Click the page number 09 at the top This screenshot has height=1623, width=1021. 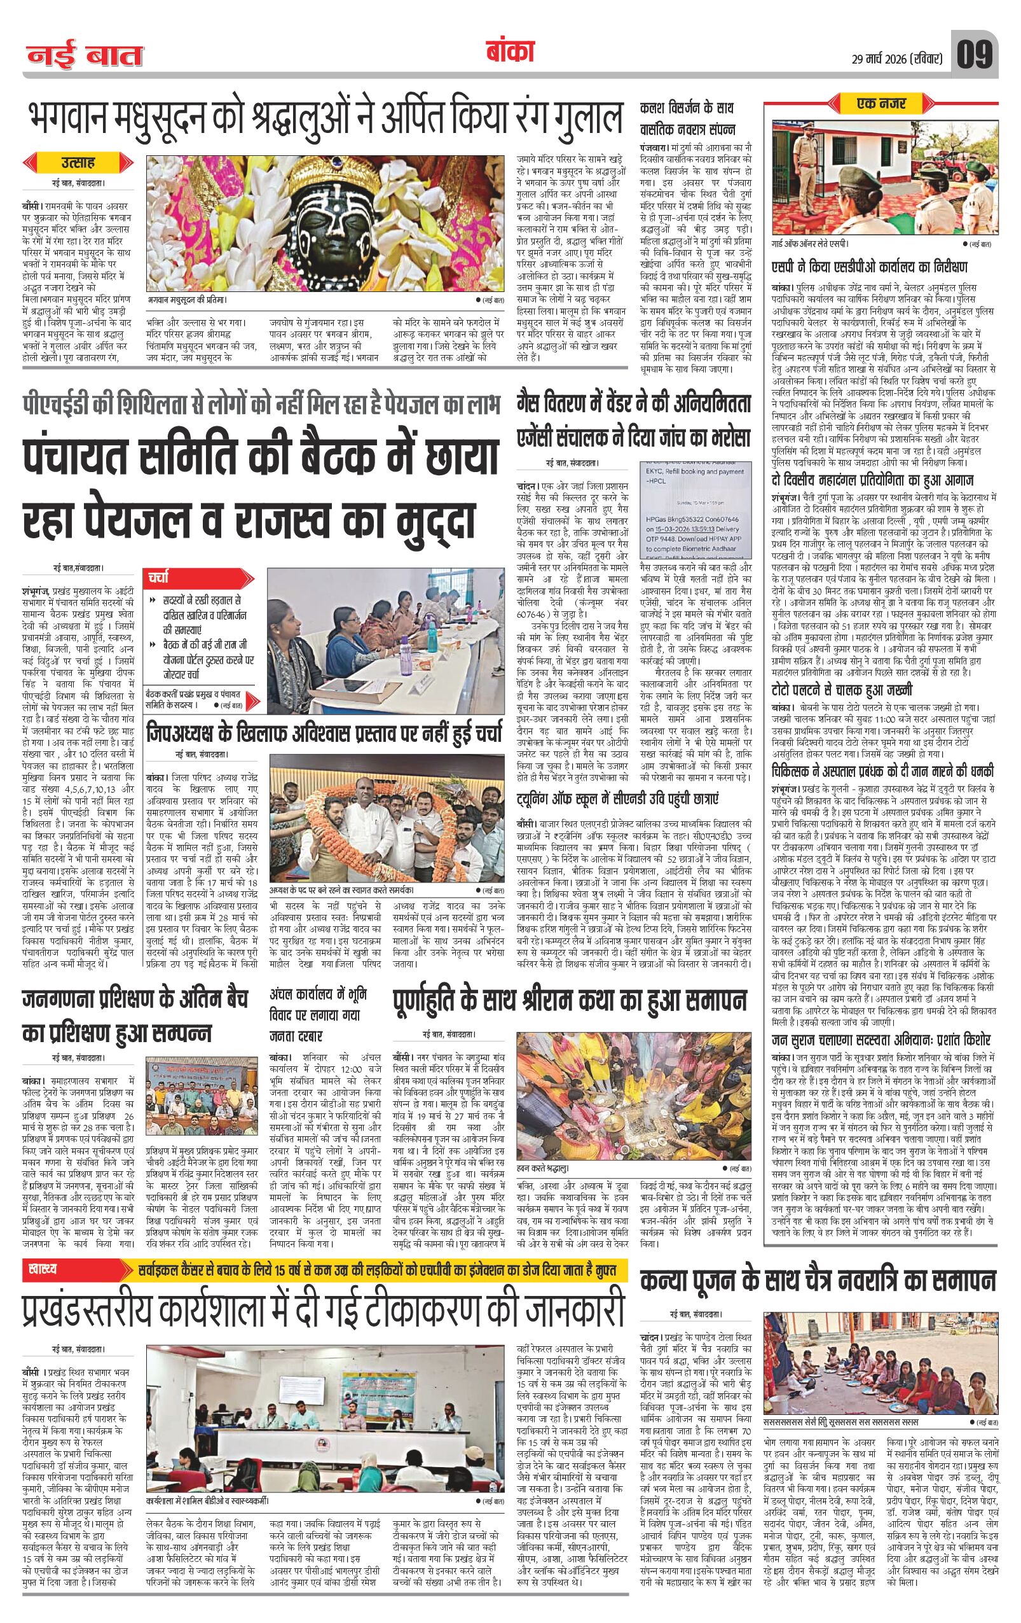(x=973, y=55)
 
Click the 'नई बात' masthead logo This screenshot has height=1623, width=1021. (x=86, y=57)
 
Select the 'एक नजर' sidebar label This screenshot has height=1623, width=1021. (x=882, y=104)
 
